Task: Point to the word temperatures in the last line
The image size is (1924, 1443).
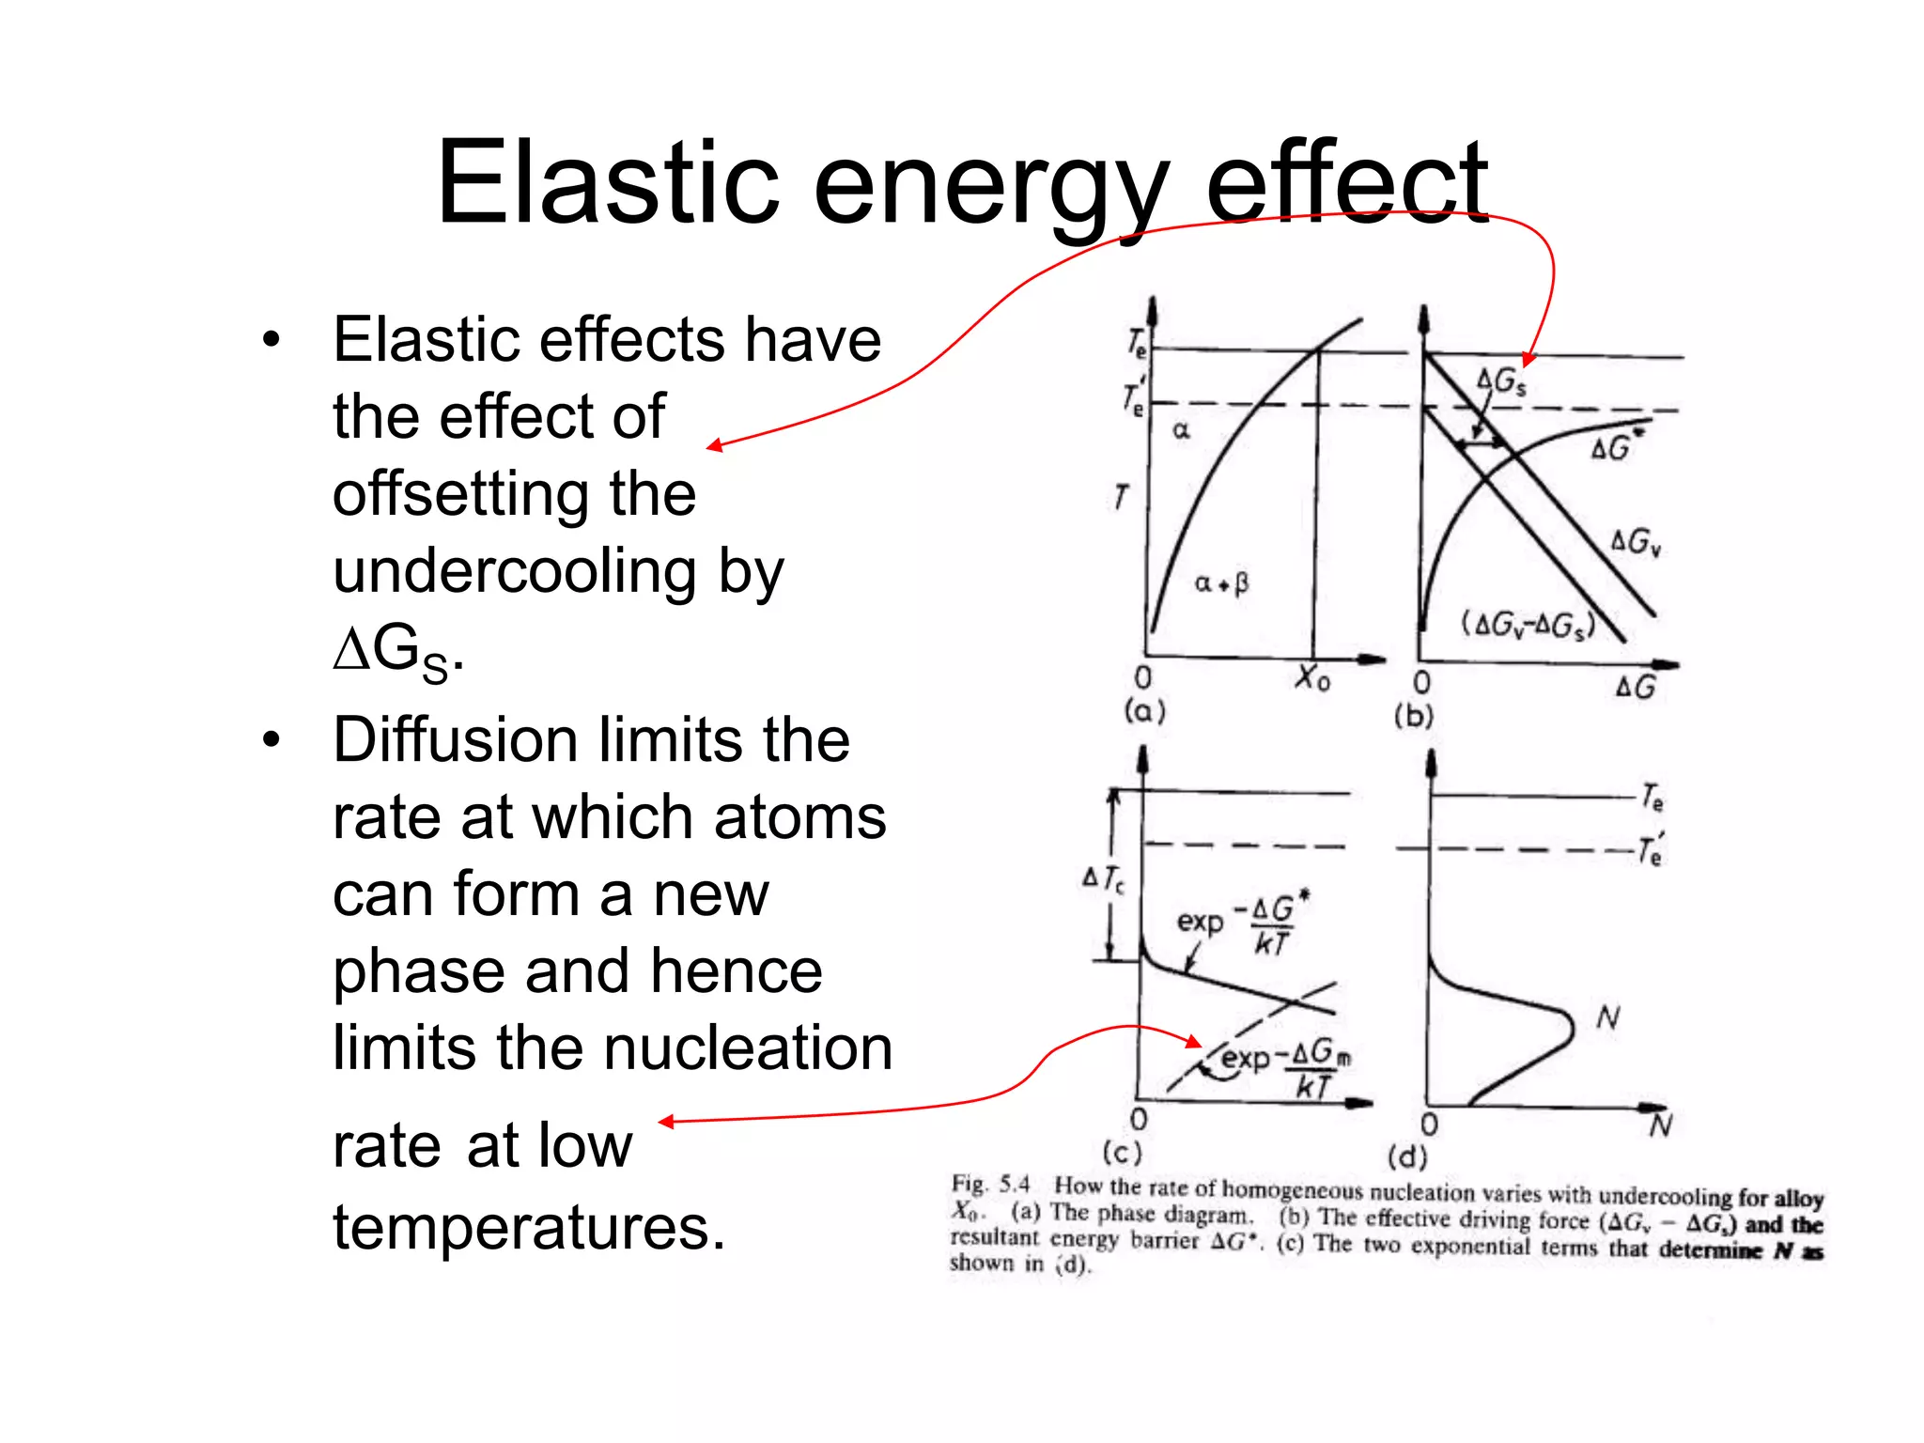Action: click(x=529, y=1228)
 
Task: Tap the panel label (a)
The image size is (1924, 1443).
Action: click(x=1144, y=710)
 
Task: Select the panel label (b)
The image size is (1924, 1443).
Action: click(x=1413, y=716)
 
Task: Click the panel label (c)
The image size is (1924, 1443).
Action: click(x=1122, y=1152)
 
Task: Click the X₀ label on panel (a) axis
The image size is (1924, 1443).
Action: click(x=1312, y=677)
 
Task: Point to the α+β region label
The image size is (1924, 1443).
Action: click(x=1221, y=583)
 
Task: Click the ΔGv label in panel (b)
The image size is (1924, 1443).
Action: click(x=1636, y=542)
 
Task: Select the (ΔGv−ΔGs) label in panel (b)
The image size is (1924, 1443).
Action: click(x=1528, y=625)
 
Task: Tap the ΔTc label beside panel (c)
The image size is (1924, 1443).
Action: click(x=1103, y=879)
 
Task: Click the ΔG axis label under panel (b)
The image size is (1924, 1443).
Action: click(x=1635, y=688)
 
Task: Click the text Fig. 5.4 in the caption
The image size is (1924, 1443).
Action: click(x=990, y=1184)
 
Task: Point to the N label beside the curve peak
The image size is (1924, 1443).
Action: click(x=1608, y=1017)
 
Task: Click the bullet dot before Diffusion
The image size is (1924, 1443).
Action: click(x=272, y=740)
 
